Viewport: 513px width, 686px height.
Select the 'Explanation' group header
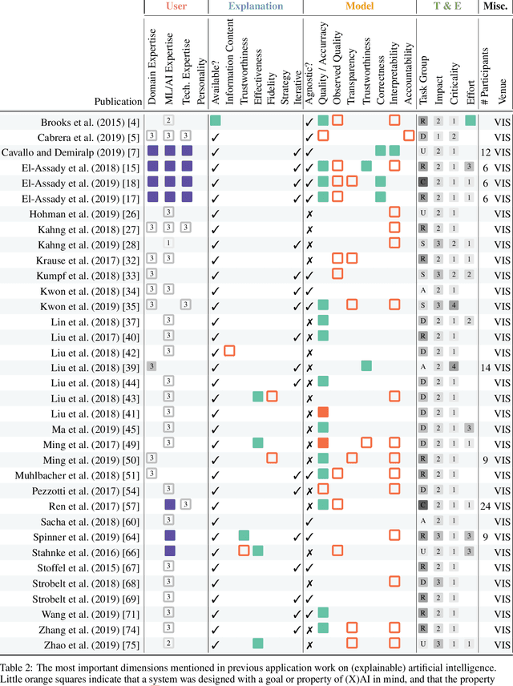(255, 6)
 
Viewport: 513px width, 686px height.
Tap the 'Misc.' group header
(496, 6)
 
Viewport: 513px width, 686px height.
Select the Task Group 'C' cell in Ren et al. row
(422, 506)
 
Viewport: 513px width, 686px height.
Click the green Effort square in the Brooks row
(470, 121)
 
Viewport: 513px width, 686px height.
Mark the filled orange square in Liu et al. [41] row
(323, 412)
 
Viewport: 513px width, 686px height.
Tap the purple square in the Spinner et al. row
(169, 536)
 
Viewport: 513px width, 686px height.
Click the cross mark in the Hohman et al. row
(309, 212)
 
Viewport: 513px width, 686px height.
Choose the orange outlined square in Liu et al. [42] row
(229, 351)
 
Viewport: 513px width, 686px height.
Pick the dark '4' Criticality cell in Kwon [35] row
(454, 305)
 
